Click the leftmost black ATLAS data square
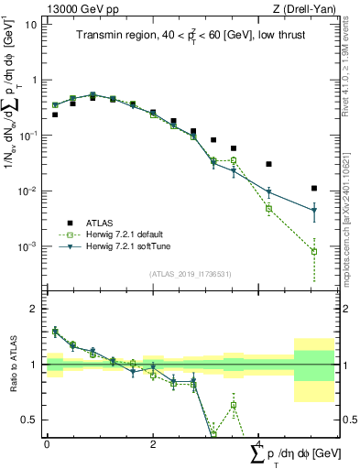point(55,115)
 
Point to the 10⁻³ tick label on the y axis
point(27,247)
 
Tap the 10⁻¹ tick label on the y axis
point(27,136)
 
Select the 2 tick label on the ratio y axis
point(35,309)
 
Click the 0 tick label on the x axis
point(47,443)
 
